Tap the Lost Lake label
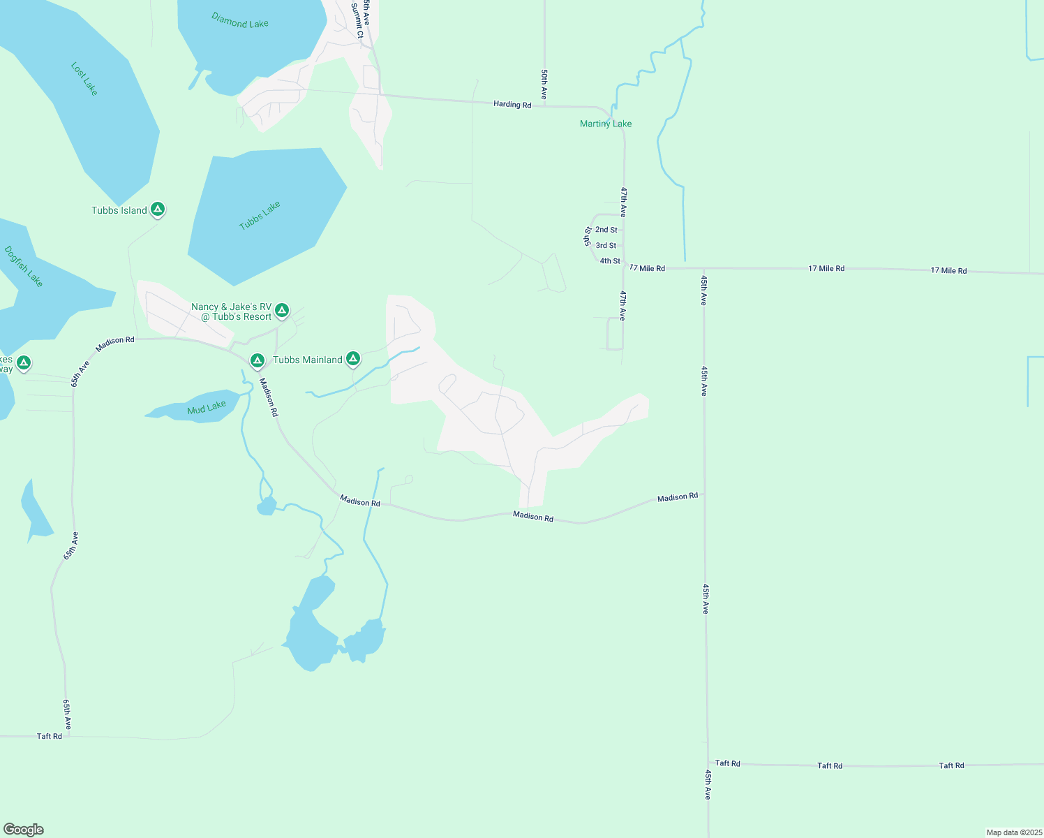pos(84,79)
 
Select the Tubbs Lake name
pos(260,215)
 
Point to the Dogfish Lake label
pos(24,266)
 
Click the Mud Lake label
pos(207,408)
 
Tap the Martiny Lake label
pos(606,124)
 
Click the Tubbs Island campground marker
pos(158,209)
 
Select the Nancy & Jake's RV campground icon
pos(282,309)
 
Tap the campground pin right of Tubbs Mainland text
pos(353,359)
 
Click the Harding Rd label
pos(512,104)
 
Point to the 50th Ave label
pos(544,84)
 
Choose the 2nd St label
pos(606,230)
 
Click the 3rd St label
pos(606,246)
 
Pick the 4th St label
pos(610,261)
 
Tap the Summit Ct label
pos(358,21)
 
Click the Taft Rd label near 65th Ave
pos(50,736)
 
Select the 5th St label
pos(588,236)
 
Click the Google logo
pos(24,830)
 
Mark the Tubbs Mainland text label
pos(308,360)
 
